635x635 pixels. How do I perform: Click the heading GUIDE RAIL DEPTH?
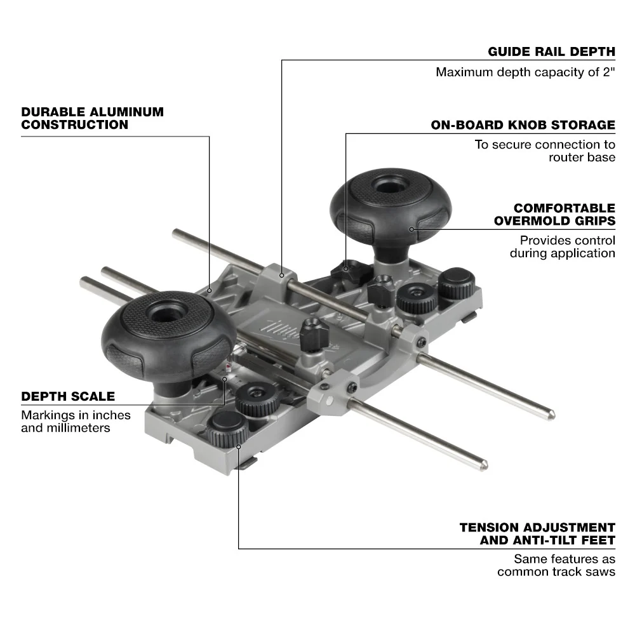coord(551,51)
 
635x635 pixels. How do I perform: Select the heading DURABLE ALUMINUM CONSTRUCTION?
coord(92,118)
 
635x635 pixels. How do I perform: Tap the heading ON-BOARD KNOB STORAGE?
coord(523,124)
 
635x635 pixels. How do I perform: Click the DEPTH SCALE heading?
coord(68,396)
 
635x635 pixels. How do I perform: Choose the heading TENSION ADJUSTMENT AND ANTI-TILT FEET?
coord(537,533)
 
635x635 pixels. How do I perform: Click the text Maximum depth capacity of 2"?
coord(525,72)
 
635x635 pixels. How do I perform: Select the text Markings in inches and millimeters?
coord(76,421)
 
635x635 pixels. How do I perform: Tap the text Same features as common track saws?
coord(556,565)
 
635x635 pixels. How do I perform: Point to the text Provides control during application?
coord(562,246)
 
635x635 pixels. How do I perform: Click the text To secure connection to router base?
coord(545,150)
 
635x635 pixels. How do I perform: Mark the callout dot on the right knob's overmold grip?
coord(411,229)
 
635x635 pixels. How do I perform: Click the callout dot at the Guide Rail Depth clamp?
coord(281,274)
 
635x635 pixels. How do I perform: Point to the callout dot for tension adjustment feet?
coord(239,446)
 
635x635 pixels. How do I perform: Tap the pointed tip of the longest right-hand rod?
coord(552,416)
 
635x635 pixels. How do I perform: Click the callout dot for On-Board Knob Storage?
coord(346,269)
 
